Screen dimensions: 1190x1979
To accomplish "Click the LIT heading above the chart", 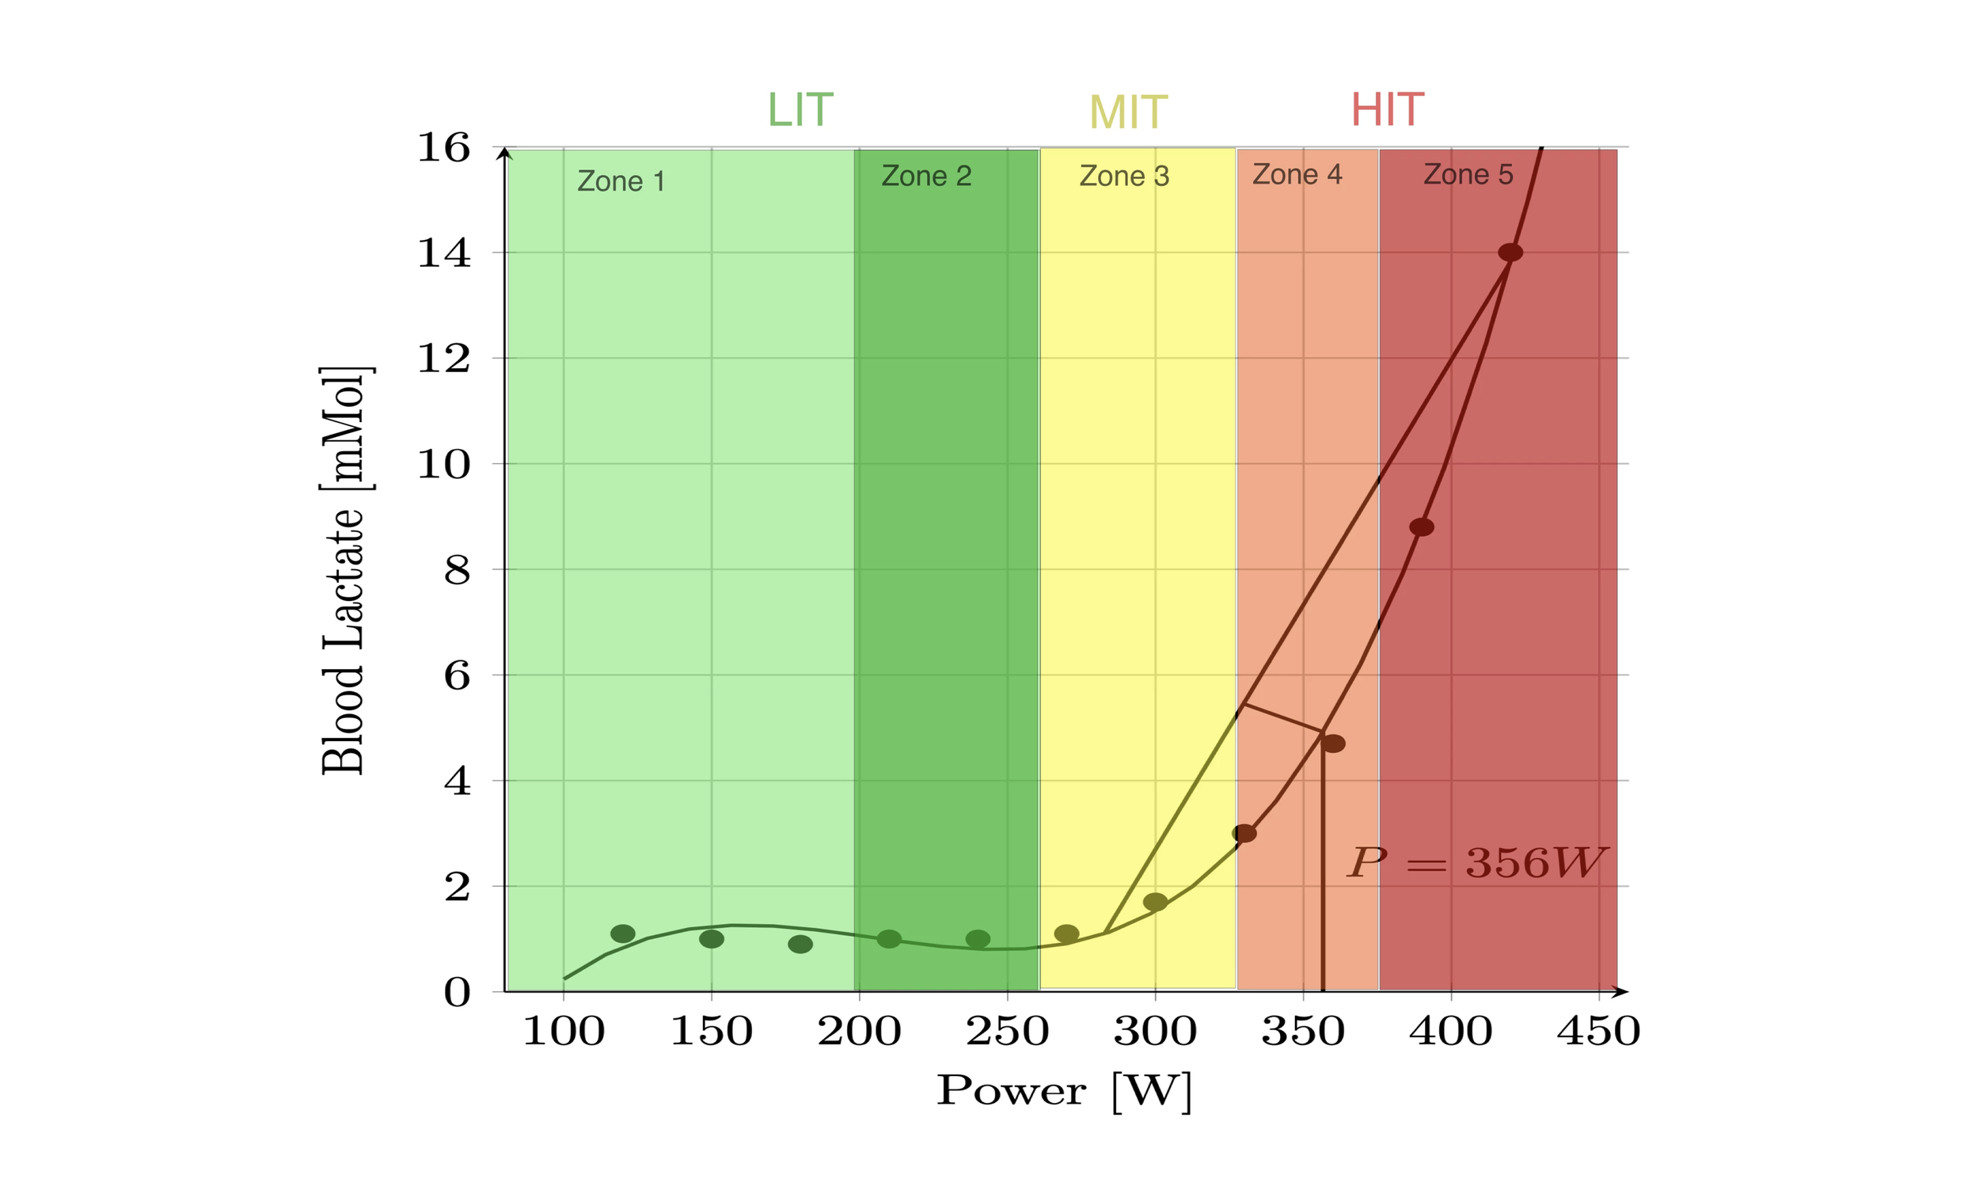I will pos(800,110).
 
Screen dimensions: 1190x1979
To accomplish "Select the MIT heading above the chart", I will pos(1128,112).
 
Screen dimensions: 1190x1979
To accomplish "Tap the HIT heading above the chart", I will pos(1387,110).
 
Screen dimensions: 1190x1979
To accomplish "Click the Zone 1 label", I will pos(621,181).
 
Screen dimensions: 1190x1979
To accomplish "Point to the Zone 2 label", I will pos(927,176).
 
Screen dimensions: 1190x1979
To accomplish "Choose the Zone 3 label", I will pos(1124,176).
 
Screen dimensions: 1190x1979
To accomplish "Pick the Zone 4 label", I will pos(1297,174).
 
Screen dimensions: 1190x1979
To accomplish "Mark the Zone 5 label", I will pos(1468,174).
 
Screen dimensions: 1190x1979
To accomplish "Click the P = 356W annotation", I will pos(1476,864).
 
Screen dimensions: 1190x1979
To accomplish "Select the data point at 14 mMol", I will pos(1510,253).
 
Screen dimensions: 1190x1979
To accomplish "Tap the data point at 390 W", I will pos(1421,527).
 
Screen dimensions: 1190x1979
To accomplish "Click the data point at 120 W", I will pos(623,933).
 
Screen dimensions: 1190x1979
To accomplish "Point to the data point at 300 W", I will pos(1155,902).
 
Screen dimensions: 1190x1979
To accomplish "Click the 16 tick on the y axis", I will pos(443,147).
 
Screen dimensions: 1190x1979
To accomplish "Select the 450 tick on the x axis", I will pos(1598,1031).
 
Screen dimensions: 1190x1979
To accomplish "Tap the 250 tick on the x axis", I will pos(1007,1031).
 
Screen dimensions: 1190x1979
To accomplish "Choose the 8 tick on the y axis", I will pos(457,570).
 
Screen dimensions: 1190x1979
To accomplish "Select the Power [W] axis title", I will pos(1065,1091).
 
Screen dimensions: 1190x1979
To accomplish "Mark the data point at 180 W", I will pos(800,944).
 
